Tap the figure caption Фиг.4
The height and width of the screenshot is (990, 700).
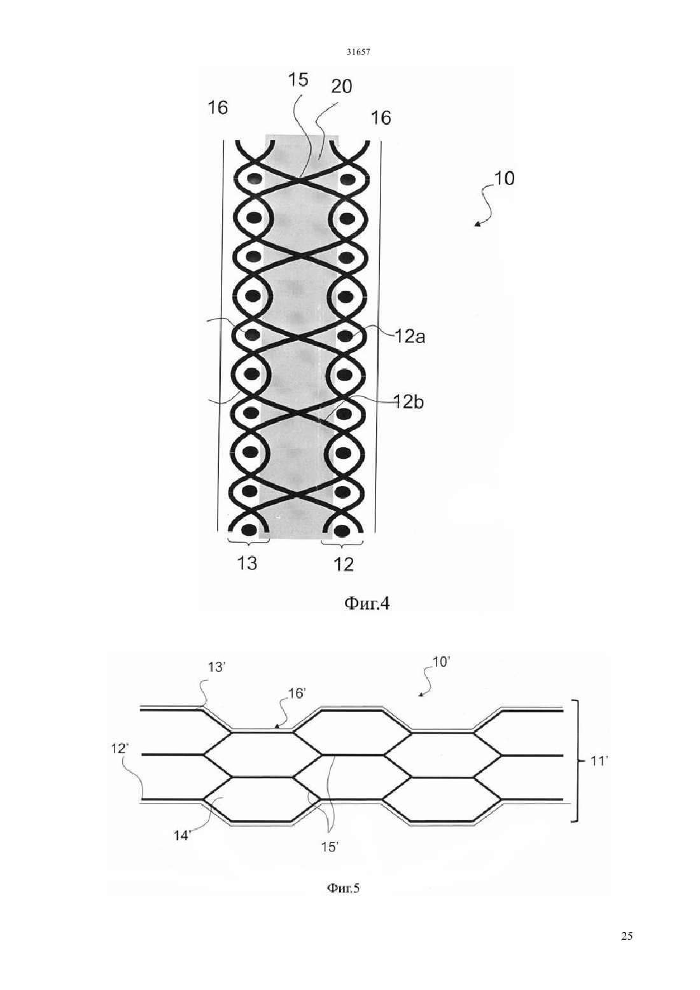point(367,604)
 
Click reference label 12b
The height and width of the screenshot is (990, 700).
point(409,402)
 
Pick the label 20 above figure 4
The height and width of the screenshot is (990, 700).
point(342,86)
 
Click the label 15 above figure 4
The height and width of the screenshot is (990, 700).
point(298,80)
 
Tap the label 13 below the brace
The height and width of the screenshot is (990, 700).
point(247,563)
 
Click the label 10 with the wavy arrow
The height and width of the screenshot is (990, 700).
point(504,179)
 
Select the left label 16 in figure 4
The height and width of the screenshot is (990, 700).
point(218,108)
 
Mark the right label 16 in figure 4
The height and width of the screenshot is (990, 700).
point(381,118)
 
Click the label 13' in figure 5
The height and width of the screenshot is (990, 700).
point(217,680)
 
